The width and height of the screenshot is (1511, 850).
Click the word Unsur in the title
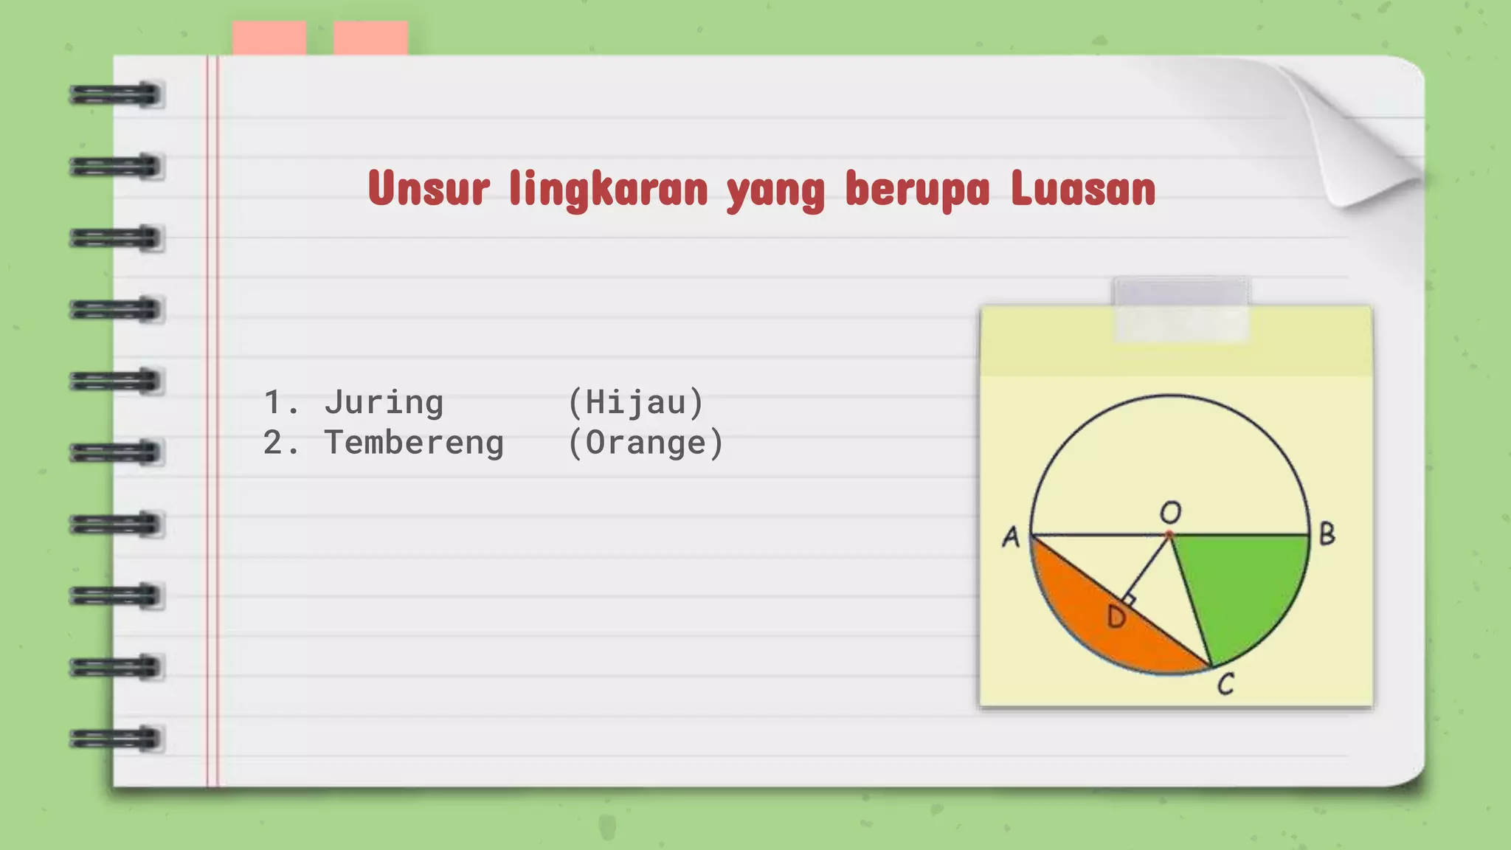(428, 189)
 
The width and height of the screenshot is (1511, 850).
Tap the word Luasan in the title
(1082, 189)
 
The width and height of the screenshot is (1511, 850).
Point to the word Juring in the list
(384, 402)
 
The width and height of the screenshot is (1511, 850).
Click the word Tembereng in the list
(414, 443)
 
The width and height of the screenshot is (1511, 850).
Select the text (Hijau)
(635, 402)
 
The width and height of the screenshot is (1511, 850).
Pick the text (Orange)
(646, 443)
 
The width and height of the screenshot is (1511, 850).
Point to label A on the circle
(1011, 536)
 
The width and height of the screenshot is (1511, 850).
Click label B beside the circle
(1327, 534)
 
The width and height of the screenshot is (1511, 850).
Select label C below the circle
(1225, 684)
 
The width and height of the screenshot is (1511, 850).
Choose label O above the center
(1171, 511)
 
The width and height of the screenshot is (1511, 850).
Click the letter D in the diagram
(1116, 617)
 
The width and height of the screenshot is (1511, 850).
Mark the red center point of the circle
(1169, 534)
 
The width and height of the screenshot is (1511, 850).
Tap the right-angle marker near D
(1129, 600)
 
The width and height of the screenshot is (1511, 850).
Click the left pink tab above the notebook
(269, 38)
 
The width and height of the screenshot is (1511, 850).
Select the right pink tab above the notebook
(370, 38)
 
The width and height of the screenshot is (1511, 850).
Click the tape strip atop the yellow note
(1180, 309)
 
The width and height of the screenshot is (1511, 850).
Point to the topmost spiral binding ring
(116, 95)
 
